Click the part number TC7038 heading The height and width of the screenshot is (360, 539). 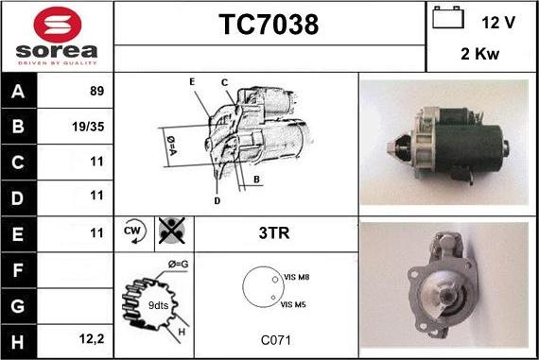tap(269, 25)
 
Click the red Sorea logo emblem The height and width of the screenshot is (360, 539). tap(58, 25)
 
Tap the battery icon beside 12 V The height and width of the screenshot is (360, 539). tap(448, 18)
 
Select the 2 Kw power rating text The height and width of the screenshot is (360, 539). tap(479, 54)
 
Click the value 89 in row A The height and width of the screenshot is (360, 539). tap(97, 91)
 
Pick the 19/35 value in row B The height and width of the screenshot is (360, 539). tap(88, 127)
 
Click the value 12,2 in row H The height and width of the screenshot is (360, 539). tap(92, 339)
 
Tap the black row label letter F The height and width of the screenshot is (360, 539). tap(18, 270)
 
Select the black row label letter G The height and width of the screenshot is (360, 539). tap(18, 306)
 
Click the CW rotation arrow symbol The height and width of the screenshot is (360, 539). tap(134, 231)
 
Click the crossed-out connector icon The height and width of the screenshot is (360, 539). tap(172, 231)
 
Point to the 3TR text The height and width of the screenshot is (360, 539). tap(274, 232)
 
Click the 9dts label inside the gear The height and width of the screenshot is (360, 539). tap(158, 305)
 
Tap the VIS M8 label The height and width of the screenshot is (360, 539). tap(296, 277)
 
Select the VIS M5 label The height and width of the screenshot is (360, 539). tap(293, 304)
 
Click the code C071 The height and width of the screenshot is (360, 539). tap(276, 340)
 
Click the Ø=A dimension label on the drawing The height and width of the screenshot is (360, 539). tap(171, 146)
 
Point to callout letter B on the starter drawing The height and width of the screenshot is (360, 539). tap(256, 179)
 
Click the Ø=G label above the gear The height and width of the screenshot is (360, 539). tap(178, 265)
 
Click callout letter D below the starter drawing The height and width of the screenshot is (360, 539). tap(217, 201)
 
